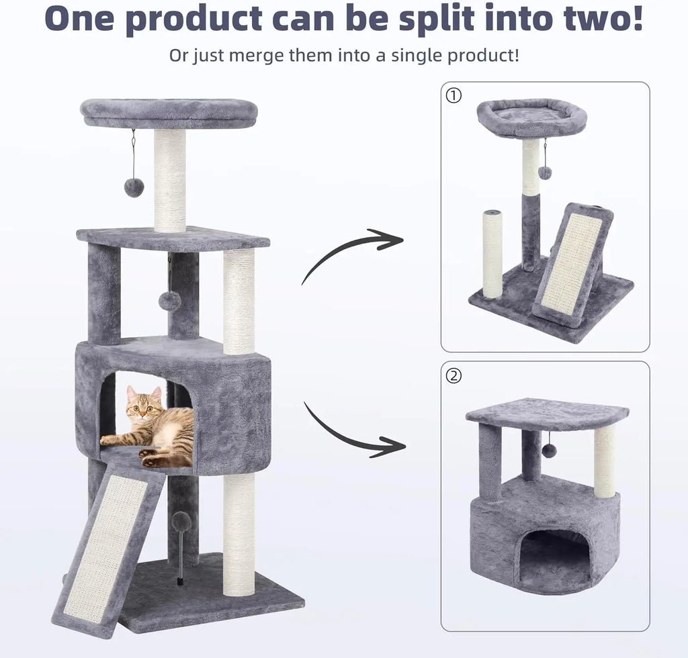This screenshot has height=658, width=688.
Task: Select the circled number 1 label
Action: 454,95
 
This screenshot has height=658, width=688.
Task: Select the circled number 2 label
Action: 454,376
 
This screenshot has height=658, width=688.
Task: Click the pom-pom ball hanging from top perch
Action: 134,187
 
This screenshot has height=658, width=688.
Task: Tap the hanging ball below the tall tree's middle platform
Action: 169,301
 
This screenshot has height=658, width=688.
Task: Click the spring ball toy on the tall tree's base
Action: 181,522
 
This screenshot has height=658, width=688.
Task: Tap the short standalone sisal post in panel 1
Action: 492,253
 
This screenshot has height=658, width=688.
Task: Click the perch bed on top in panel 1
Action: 531,117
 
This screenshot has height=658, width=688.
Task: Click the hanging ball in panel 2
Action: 549,451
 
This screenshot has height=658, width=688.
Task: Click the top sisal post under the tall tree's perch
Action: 169,180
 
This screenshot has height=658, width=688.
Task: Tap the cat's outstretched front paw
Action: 107,440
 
